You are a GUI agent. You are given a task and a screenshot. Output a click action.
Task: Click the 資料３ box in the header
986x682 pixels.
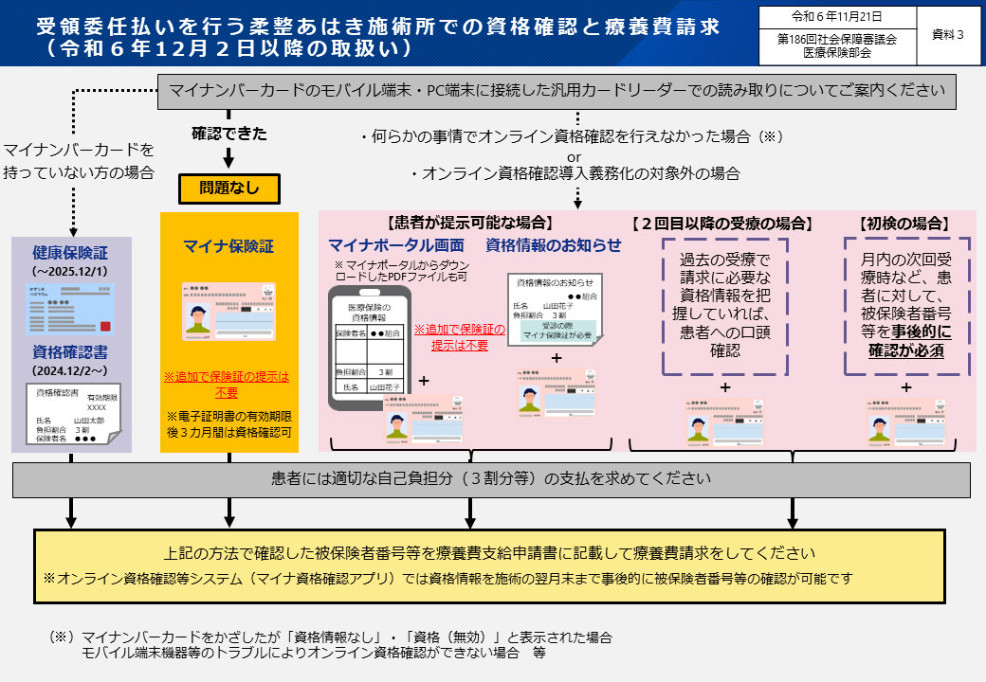pyautogui.click(x=948, y=35)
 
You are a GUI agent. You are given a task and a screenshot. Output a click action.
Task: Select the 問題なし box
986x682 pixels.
pyautogui.click(x=228, y=188)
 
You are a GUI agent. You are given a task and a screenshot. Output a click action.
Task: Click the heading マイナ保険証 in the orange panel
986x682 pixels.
pyautogui.click(x=228, y=247)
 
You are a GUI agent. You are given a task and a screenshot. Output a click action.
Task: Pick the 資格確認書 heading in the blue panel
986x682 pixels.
pyautogui.click(x=71, y=352)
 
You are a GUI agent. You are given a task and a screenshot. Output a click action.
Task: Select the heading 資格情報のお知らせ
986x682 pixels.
pyautogui.click(x=554, y=246)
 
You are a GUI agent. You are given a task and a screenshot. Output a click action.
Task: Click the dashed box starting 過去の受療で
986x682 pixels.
pyautogui.click(x=725, y=306)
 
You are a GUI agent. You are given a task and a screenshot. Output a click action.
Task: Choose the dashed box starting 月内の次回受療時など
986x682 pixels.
pyautogui.click(x=906, y=306)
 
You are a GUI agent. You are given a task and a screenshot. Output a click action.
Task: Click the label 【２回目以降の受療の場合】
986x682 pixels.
pyautogui.click(x=722, y=224)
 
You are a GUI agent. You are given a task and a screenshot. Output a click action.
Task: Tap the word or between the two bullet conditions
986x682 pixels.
pyautogui.click(x=574, y=155)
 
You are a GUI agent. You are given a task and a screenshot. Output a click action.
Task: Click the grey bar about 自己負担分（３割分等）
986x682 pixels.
pyautogui.click(x=491, y=479)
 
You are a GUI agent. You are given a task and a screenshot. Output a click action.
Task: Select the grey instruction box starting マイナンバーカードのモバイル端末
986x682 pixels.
pyautogui.click(x=557, y=91)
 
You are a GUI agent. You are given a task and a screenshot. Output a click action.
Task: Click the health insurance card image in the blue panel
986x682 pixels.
pyautogui.click(x=71, y=309)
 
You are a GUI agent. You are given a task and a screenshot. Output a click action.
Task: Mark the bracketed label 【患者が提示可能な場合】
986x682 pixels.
pyautogui.click(x=469, y=224)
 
